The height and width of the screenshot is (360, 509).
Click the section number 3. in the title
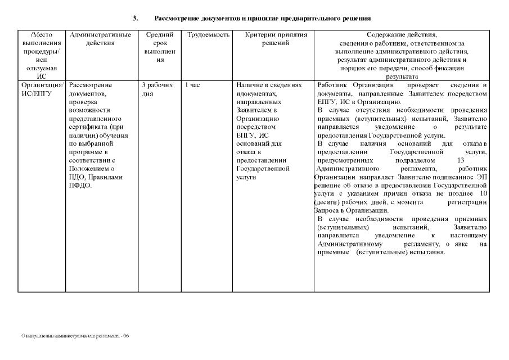click(135, 18)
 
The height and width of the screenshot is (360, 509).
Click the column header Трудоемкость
click(208, 35)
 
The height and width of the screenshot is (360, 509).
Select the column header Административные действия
click(101, 38)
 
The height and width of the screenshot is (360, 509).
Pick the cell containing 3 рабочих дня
click(157, 89)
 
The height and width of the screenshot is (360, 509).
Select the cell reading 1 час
click(192, 85)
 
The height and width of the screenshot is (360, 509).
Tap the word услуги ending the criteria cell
click(246, 177)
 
